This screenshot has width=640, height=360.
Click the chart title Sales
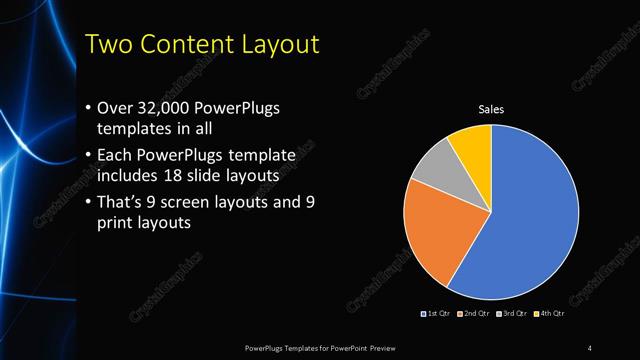[x=491, y=109]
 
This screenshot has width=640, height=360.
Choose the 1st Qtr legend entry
[x=437, y=314]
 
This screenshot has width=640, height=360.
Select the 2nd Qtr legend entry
[x=474, y=314]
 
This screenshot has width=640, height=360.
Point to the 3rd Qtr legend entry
[x=511, y=314]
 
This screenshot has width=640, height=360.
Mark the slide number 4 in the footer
[x=589, y=347]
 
